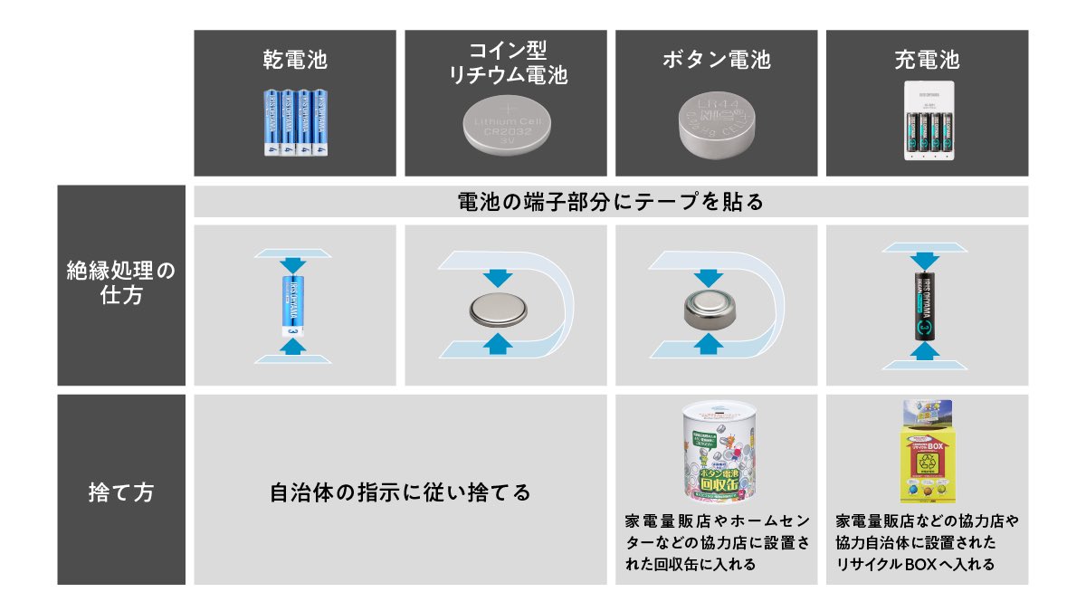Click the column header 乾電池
click(x=294, y=61)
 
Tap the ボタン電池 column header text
click(x=716, y=61)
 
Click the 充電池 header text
click(x=926, y=61)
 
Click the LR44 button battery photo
click(x=716, y=124)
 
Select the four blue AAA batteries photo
click(x=295, y=123)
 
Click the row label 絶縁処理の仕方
click(x=120, y=282)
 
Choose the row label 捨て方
click(x=120, y=492)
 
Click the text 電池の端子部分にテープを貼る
click(x=611, y=202)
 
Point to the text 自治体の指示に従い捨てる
click(x=400, y=493)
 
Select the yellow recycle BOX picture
click(x=927, y=453)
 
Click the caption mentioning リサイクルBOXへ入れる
click(x=927, y=543)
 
